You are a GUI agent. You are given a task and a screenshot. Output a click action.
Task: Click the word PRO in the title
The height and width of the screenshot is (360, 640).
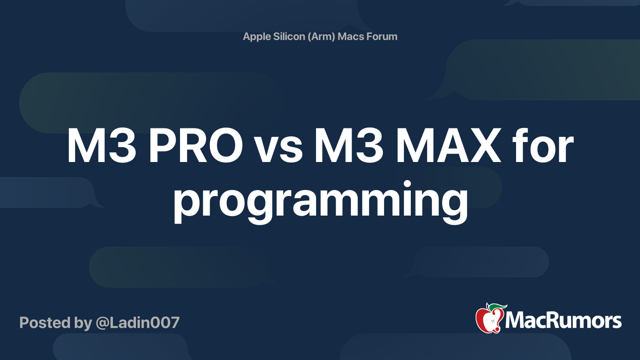click(195, 146)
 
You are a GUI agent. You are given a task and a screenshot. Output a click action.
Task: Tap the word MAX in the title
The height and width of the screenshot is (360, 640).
click(448, 146)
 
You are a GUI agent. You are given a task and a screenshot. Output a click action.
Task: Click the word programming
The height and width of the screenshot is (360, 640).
click(320, 200)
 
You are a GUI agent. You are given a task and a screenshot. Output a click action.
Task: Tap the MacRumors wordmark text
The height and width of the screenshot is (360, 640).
click(563, 321)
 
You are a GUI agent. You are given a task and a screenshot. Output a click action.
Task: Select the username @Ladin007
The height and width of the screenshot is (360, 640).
click(138, 323)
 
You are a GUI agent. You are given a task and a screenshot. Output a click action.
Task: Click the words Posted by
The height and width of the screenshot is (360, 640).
click(56, 323)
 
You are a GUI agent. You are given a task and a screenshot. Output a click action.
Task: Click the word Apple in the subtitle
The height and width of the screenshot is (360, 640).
click(257, 37)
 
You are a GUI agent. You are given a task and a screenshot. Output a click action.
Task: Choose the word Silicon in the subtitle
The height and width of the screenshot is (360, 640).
click(289, 37)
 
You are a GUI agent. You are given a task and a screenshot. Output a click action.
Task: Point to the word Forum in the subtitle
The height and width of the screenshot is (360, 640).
click(382, 37)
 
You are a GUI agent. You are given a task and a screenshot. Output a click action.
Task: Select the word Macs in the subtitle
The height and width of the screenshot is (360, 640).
click(351, 37)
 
